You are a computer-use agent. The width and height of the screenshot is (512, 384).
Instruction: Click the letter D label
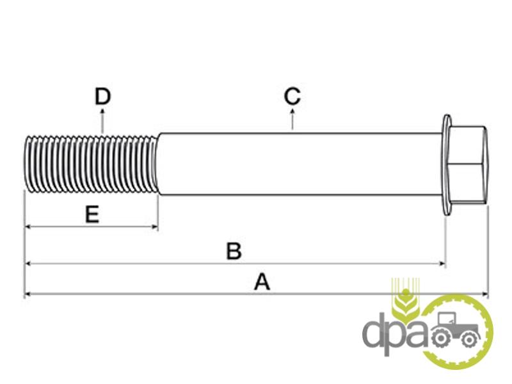tap(102, 97)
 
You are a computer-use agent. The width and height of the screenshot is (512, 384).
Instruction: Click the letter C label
tap(292, 97)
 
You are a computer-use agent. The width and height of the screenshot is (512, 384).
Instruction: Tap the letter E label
tap(92, 214)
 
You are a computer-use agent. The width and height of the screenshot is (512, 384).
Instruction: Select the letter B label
tap(234, 251)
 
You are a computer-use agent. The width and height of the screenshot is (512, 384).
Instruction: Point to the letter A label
tap(262, 282)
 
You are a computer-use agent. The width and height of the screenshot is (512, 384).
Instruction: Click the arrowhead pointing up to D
tap(102, 111)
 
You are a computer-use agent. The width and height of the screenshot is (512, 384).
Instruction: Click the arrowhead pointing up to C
tap(292, 111)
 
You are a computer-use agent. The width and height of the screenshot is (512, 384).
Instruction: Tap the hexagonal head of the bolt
tap(468, 164)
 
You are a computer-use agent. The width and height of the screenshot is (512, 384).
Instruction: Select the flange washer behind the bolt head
tap(447, 164)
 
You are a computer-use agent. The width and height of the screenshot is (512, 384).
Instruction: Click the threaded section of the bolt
tap(92, 164)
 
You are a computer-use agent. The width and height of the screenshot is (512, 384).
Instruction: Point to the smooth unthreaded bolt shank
tap(300, 164)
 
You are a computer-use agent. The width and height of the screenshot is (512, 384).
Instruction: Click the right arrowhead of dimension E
tap(156, 227)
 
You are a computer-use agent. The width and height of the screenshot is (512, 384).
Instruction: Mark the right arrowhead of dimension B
tap(443, 263)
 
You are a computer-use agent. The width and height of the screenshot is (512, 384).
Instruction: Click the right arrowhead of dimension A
tap(485, 294)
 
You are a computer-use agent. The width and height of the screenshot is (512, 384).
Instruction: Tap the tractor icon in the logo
tap(455, 330)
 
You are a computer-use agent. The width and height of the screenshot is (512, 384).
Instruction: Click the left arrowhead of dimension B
tap(28, 263)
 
